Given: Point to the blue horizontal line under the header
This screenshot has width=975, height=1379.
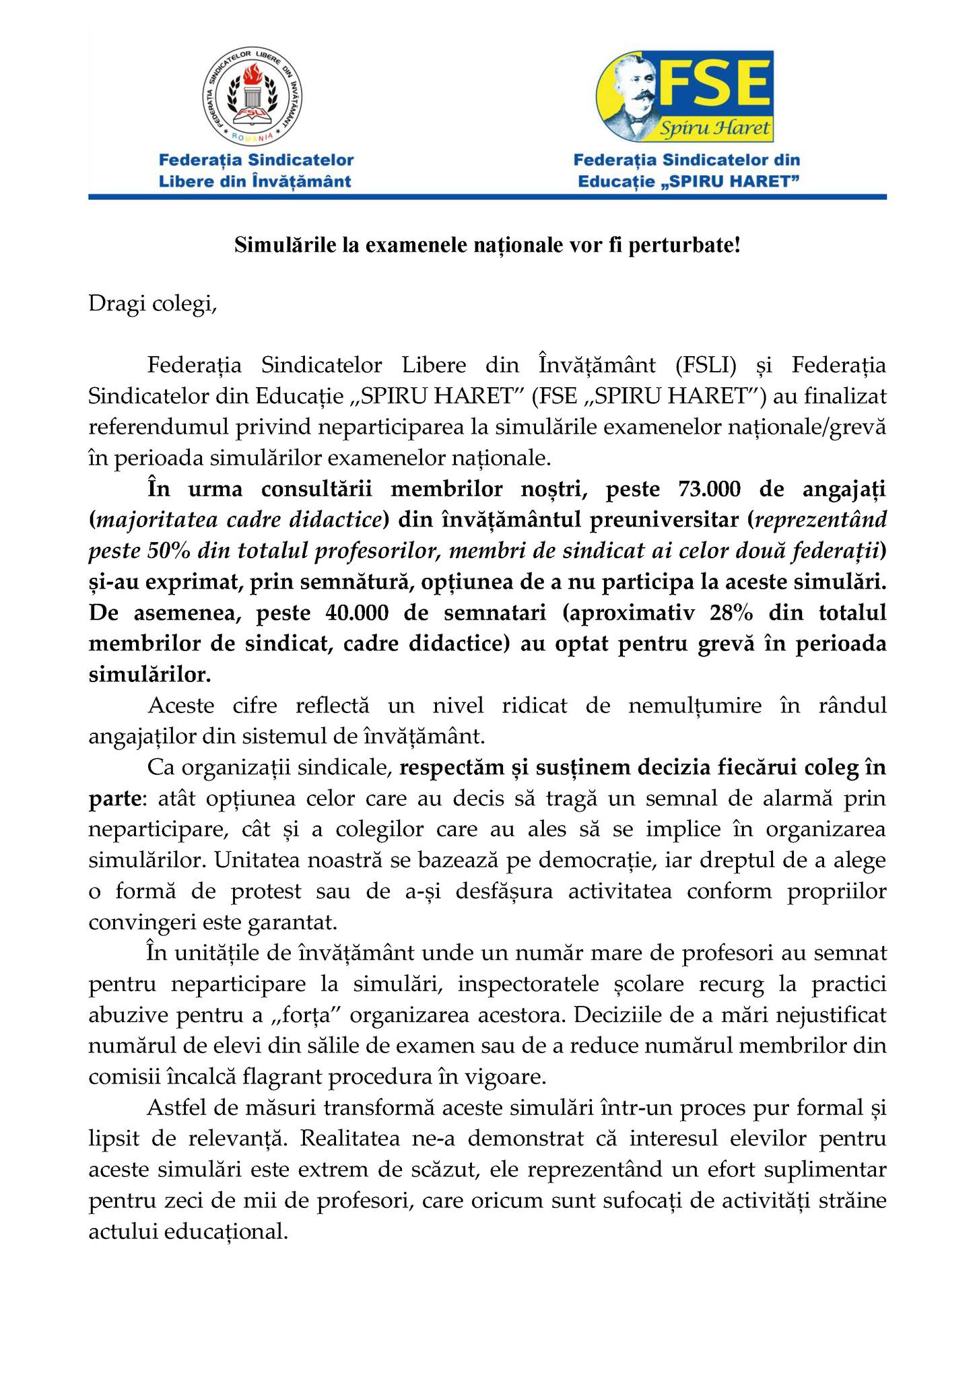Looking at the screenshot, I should coord(487,197).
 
